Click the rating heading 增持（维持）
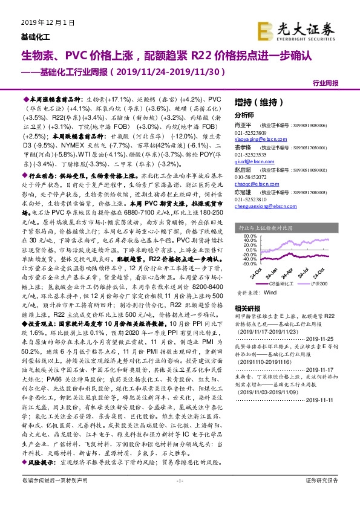pyautogui.click(x=251, y=102)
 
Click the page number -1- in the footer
pyautogui.click(x=179, y=497)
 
